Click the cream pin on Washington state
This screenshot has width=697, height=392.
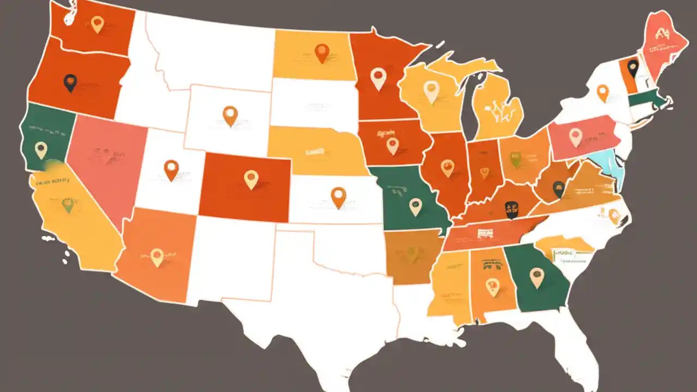coord(97,23)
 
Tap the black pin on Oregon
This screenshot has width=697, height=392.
coord(70,82)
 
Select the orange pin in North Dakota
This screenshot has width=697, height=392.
coord(322,52)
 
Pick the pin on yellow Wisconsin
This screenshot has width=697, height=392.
coord(431,91)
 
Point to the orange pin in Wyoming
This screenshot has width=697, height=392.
coord(230,115)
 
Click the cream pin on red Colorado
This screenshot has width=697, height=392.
coord(250,178)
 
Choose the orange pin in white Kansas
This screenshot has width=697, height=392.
coord(338,196)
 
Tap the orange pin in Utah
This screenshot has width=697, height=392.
coord(171,169)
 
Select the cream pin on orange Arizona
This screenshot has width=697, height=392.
coord(157,256)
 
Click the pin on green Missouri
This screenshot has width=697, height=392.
coord(415,206)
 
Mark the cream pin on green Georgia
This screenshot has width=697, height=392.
coord(536,277)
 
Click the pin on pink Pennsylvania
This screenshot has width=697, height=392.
coord(576,136)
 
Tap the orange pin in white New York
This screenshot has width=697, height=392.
coord(602,92)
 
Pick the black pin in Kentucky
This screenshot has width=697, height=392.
coord(511,209)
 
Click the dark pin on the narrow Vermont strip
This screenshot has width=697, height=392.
coord(632,68)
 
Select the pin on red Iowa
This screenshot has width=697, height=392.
coord(392,145)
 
